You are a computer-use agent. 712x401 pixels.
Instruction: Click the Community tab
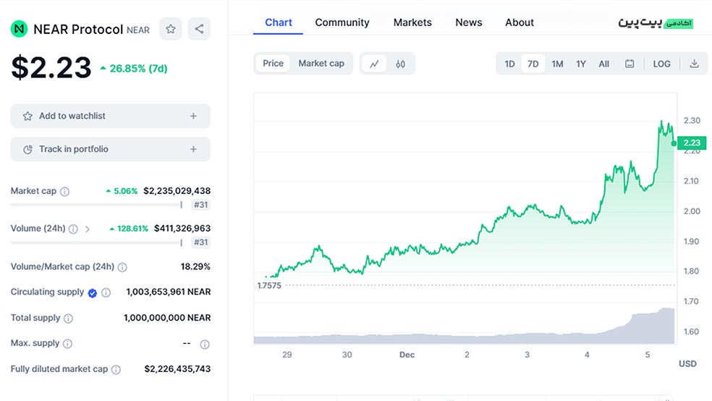[x=342, y=22]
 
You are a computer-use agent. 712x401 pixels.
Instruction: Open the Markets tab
[x=412, y=22]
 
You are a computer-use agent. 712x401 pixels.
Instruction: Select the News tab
[x=469, y=22]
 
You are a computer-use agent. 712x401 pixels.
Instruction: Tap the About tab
[x=520, y=22]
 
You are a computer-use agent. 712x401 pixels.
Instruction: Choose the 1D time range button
[x=509, y=64]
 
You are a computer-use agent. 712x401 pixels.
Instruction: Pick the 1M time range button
[x=557, y=64]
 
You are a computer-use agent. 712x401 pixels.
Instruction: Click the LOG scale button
[x=661, y=64]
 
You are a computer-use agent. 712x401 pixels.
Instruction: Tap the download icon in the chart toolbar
[x=695, y=64]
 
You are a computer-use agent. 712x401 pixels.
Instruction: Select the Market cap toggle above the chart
[x=321, y=64]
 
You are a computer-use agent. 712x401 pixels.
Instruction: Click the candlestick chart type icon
[x=400, y=64]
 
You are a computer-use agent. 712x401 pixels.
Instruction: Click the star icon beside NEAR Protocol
[x=171, y=29]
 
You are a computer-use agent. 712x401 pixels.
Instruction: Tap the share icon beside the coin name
[x=199, y=29]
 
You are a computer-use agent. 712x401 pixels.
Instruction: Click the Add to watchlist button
[x=110, y=116]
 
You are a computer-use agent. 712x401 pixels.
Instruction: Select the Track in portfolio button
[x=110, y=149]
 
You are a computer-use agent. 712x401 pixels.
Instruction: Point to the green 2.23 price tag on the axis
[x=692, y=143]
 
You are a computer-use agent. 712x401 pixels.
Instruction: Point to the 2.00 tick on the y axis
[x=692, y=211]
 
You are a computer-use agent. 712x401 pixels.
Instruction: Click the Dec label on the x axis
[x=407, y=355]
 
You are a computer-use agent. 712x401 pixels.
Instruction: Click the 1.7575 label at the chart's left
[x=269, y=286]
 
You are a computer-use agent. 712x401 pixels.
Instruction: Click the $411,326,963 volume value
[x=182, y=228]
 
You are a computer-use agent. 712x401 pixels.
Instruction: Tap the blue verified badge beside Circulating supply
[x=92, y=293]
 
